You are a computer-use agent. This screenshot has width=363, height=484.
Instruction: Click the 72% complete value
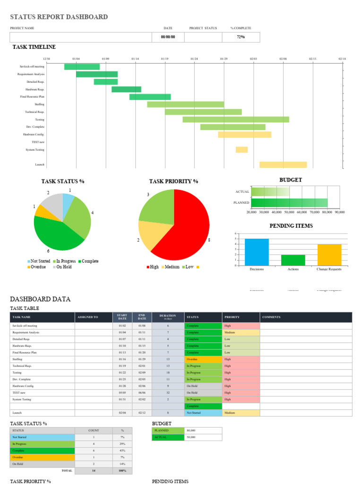click(x=241, y=37)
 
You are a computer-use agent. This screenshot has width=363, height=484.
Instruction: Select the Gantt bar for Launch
click(x=283, y=164)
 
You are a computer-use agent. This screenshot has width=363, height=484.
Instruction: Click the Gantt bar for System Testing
click(x=242, y=150)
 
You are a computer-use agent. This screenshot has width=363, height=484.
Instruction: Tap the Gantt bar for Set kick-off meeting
click(x=82, y=67)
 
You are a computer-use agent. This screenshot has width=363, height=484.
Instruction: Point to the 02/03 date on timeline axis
click(x=253, y=59)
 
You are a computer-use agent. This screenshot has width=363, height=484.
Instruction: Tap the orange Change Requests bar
click(x=329, y=255)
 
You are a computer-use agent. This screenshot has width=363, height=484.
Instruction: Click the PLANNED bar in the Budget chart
click(x=289, y=203)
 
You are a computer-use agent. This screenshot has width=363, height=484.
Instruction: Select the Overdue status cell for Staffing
click(x=203, y=359)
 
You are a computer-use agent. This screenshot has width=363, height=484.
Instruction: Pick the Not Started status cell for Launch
click(x=203, y=413)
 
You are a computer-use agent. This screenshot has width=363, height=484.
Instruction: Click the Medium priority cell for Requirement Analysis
click(x=241, y=333)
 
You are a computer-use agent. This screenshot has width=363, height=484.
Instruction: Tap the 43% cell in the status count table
click(x=122, y=450)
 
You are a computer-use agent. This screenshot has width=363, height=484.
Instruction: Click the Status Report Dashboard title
click(x=59, y=17)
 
